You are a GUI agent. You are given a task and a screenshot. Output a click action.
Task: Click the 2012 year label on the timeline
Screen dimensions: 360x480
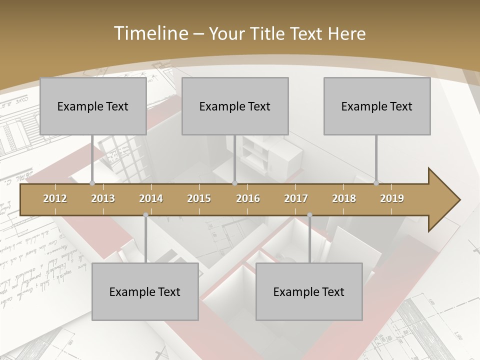55,198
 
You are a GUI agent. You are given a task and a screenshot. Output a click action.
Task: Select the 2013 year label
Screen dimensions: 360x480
103,198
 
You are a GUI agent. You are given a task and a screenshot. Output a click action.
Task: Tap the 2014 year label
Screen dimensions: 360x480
151,198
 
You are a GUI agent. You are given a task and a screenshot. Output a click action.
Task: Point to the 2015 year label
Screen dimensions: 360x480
199,198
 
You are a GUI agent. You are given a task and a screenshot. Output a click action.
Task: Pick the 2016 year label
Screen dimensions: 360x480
248,198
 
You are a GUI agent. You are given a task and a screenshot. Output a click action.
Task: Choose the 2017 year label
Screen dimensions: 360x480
296,198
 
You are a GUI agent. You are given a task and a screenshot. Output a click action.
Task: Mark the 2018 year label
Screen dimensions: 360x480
344,198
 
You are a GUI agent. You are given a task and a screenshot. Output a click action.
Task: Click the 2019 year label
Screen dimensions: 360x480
392,198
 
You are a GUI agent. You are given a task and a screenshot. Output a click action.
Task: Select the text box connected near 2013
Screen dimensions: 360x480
93,106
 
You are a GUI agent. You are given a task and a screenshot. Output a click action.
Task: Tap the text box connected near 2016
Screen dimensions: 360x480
235,106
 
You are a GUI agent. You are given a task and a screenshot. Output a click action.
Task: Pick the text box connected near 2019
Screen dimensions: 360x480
377,106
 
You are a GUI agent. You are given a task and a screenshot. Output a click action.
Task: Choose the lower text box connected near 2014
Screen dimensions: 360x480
145,291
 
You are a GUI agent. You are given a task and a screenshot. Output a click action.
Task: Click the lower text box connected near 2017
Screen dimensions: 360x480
309,291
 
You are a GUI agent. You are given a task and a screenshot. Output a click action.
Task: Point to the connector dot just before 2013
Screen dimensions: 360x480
92,183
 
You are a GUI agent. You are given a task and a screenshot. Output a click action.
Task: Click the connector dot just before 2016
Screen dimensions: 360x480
234,183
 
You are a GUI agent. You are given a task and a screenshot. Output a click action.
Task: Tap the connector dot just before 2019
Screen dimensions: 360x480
376,183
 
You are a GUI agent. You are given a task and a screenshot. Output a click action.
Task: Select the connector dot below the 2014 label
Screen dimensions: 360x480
145,215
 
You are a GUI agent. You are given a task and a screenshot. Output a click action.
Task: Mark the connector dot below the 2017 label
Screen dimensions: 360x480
309,215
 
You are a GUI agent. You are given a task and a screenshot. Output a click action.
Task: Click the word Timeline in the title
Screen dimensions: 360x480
149,33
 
